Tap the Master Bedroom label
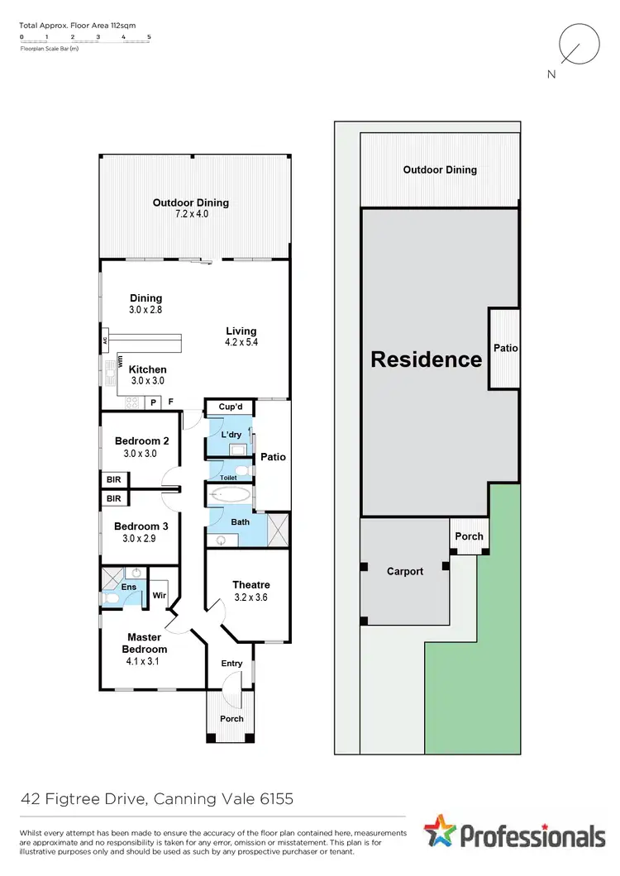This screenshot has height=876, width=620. click(144, 643)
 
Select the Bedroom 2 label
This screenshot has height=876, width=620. click(141, 440)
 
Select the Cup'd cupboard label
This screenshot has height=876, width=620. click(229, 407)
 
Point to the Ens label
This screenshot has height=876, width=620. click(130, 587)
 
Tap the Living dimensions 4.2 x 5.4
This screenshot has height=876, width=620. click(241, 342)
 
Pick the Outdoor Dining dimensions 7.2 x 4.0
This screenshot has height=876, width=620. click(190, 214)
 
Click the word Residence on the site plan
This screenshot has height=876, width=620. click(426, 359)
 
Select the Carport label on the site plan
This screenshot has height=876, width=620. click(405, 571)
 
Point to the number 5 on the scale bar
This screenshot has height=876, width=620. click(149, 37)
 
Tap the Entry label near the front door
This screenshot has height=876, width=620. click(231, 664)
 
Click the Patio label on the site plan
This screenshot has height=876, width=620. click(505, 348)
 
